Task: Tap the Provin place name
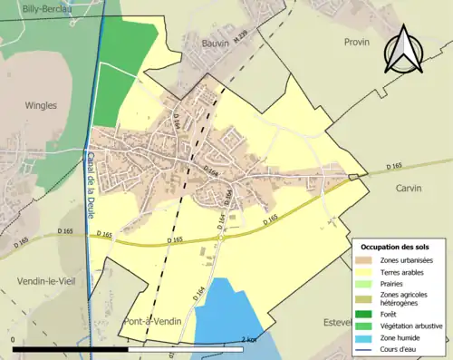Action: click(358, 42)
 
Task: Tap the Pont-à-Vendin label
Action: click(150, 322)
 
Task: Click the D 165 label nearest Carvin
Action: click(393, 165)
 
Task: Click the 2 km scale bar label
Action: click(250, 339)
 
